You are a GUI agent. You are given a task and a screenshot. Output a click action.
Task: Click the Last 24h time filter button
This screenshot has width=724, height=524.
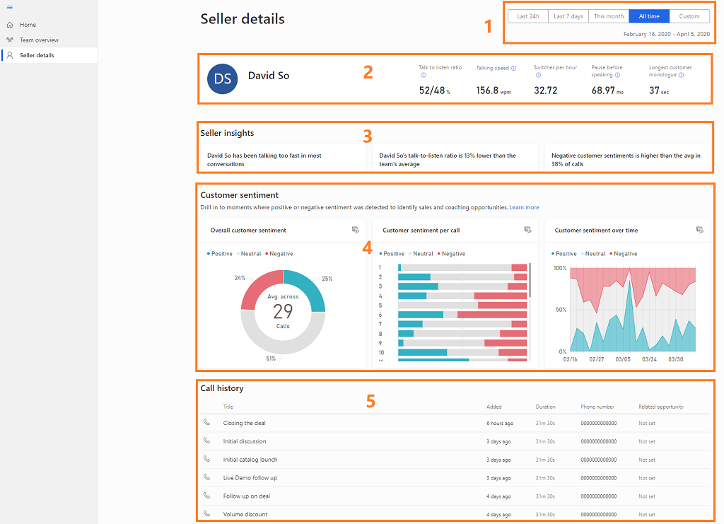coord(527,16)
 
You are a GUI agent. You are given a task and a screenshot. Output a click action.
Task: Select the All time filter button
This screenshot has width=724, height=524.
coord(648,16)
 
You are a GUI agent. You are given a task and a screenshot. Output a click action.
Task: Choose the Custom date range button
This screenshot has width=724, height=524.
coord(689,16)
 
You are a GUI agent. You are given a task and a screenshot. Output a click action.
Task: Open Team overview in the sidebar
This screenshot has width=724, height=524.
coord(39,40)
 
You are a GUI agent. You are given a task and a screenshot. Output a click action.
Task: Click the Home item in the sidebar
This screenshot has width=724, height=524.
coord(28,25)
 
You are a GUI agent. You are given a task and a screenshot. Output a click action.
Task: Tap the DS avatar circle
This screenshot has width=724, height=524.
coord(223,78)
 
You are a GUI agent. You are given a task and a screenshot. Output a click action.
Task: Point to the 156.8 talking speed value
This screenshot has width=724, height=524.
coord(487,91)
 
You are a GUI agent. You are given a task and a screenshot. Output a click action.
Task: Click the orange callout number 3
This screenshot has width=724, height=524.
coord(367,134)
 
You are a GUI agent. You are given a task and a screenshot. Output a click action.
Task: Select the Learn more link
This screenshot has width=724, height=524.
coord(524,208)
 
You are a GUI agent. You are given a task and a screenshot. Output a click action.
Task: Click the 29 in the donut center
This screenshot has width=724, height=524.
coord(283,311)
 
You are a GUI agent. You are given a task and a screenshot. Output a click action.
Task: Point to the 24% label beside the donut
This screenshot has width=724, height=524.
coord(240,278)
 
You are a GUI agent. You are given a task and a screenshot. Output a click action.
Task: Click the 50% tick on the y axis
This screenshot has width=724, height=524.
coord(560,310)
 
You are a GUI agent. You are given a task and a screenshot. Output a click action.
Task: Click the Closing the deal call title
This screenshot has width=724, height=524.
coord(244,423)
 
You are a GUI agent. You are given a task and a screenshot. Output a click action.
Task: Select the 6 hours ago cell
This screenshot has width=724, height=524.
coord(499,423)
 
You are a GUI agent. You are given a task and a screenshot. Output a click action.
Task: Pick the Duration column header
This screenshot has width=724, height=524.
coord(545,407)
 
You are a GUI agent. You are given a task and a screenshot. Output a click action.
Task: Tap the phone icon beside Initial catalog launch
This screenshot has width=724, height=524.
coord(207,459)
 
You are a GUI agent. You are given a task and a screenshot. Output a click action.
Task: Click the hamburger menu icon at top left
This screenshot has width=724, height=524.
coord(9,7)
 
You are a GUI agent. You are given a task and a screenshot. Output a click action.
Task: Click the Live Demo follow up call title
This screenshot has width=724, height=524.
coord(250,478)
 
